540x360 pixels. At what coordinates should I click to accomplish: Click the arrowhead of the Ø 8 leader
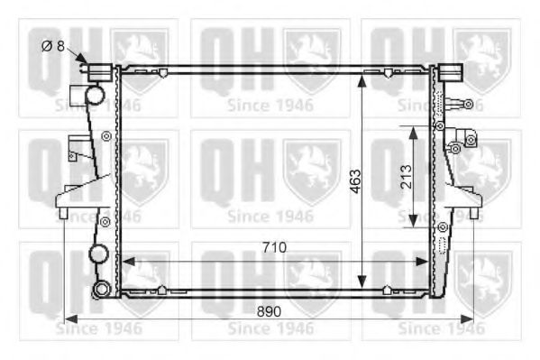87,63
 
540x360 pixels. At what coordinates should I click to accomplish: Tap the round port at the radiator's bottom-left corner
101,290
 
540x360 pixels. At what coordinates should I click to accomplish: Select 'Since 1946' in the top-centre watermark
270,104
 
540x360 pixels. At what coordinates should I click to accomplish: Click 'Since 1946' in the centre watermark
270,216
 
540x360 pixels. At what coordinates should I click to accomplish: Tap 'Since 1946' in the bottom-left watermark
98,328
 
